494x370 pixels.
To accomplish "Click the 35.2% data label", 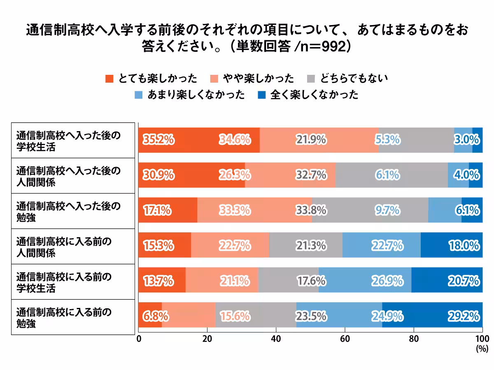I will pos(158,140).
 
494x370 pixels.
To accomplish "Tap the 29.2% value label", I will pos(464,316).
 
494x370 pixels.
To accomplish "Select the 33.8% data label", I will pos(311,210).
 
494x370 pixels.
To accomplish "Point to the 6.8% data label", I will pos(156,316).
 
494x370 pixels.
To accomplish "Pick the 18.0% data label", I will pos(464,246).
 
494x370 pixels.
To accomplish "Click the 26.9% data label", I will pos(387,281).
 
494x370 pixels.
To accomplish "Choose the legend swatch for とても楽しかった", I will pos(109,79).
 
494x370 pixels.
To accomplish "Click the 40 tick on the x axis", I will pos(276,339).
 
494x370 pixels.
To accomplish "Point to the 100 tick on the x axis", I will pos(482,339).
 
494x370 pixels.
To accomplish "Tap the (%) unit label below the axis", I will pos(481,349).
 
